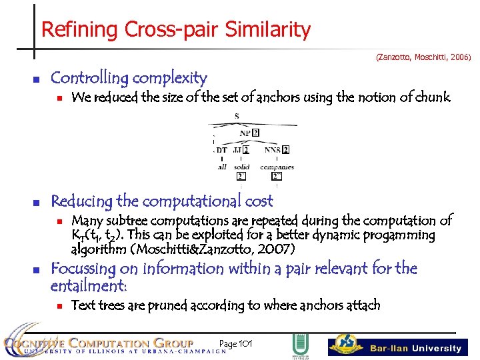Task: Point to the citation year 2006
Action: click(x=459, y=58)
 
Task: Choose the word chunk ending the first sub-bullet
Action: click(x=433, y=98)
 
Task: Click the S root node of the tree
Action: click(x=237, y=117)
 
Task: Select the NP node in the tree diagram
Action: click(x=245, y=133)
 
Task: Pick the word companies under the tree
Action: click(x=277, y=167)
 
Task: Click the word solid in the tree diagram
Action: click(x=242, y=167)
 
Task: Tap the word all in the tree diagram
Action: click(x=222, y=167)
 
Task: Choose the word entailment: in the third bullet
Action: click(x=88, y=286)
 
